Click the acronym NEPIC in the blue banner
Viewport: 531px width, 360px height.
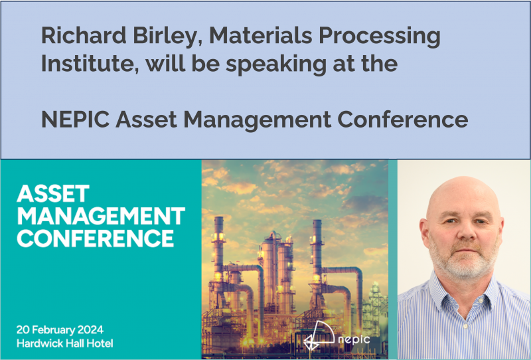75,120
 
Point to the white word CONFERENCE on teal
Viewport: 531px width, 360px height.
96,237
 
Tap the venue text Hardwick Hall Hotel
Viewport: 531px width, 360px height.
69,343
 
